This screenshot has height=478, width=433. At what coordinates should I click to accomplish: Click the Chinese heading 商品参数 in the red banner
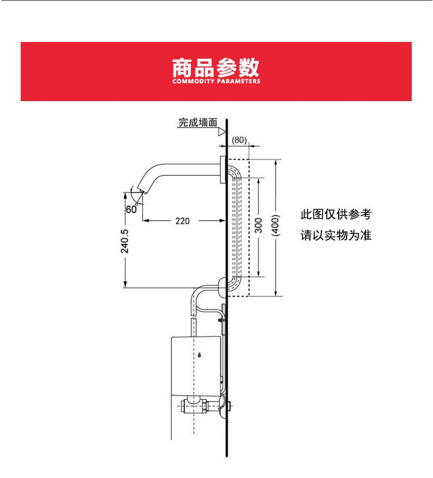point(216,67)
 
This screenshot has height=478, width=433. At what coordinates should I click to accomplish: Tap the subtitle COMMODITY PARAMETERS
point(216,82)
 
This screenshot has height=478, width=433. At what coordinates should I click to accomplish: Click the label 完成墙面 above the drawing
point(198,122)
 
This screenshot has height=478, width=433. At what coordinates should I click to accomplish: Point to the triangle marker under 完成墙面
point(221,132)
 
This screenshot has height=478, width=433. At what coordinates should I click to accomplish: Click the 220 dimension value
point(183,221)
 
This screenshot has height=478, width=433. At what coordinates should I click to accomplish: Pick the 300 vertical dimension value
point(258,225)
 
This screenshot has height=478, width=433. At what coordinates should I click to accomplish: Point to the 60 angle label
point(131,209)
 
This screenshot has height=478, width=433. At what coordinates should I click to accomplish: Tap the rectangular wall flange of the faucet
point(223,168)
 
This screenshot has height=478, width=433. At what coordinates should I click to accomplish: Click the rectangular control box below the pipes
point(196,364)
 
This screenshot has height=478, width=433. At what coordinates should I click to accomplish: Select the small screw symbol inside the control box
point(200,355)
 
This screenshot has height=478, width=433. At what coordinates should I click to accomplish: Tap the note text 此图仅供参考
point(336,215)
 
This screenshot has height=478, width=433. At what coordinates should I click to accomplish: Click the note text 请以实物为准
point(336,236)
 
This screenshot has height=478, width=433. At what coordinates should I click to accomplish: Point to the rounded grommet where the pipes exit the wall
point(224,285)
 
